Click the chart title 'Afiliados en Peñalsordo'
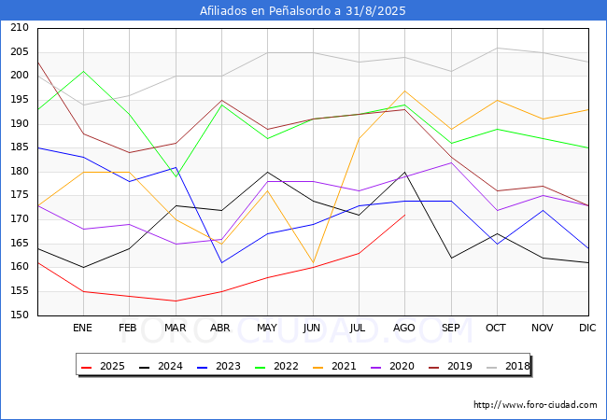coord(303,11)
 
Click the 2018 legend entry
coord(510,367)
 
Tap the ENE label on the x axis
coord(82,328)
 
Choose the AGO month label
coord(404,328)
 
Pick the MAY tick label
coord(267,328)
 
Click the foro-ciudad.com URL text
coord(535,405)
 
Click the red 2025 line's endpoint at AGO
coord(404,215)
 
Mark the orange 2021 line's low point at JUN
coord(313,263)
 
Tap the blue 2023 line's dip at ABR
coord(220,262)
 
